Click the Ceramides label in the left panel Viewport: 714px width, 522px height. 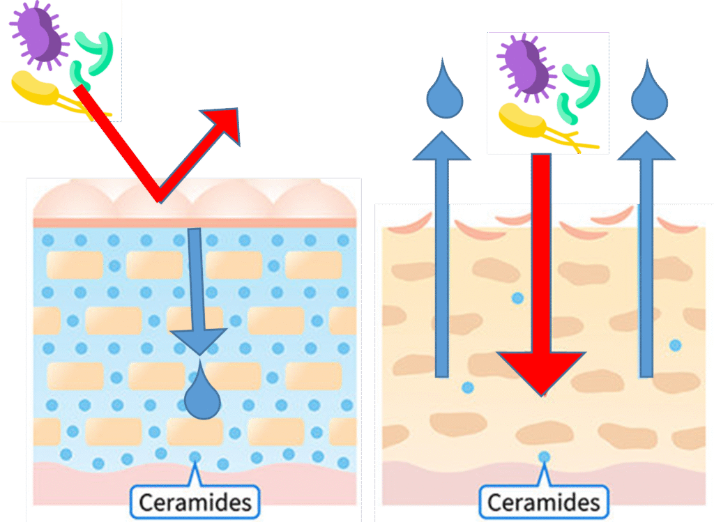[195, 501]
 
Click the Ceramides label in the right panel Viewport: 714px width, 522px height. [543, 502]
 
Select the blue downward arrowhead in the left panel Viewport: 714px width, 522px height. [199, 341]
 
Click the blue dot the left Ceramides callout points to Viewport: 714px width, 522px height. [195, 457]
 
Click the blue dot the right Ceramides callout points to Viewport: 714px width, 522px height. [544, 457]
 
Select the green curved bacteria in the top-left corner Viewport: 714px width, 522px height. [95, 54]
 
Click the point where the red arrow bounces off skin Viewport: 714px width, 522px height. [160, 199]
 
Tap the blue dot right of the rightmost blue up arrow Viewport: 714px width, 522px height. [674, 345]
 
